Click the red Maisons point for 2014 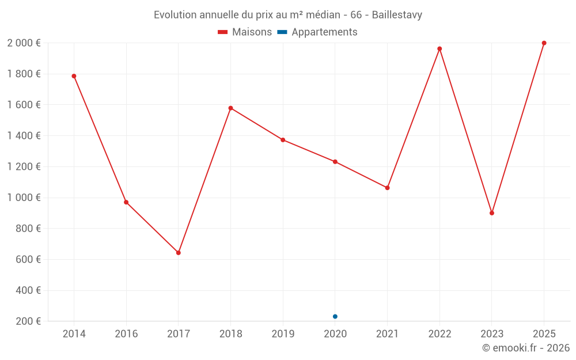click(x=74, y=76)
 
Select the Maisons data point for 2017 click(x=179, y=253)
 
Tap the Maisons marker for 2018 click(x=230, y=108)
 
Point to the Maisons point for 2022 click(x=439, y=49)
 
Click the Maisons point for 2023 click(x=492, y=213)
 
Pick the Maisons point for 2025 click(x=544, y=43)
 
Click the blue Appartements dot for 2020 click(x=335, y=316)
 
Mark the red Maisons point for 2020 click(x=335, y=162)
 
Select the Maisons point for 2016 click(x=126, y=202)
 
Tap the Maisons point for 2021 click(x=387, y=188)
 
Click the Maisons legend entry click(x=245, y=32)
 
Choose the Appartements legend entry click(x=318, y=32)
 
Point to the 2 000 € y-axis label click(x=24, y=43)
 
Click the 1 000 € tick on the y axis click(x=24, y=198)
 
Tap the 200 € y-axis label click(x=28, y=321)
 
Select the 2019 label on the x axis click(x=283, y=334)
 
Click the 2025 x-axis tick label click(x=544, y=334)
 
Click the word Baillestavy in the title click(x=397, y=15)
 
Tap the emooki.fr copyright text click(x=525, y=348)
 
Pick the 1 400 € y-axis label click(x=24, y=136)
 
